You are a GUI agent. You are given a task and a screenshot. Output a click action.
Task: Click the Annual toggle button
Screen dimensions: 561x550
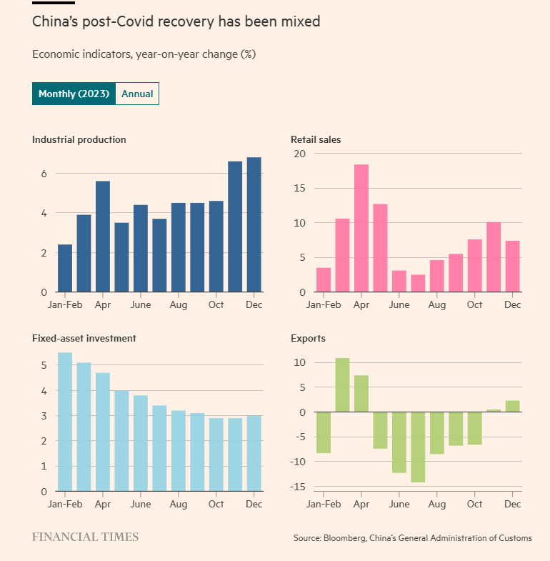[137, 94]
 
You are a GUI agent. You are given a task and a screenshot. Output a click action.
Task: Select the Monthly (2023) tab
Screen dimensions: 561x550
[74, 94]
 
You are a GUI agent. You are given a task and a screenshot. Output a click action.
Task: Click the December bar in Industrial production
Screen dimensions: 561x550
[254, 224]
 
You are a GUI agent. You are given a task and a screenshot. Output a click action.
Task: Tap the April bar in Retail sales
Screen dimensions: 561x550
[361, 228]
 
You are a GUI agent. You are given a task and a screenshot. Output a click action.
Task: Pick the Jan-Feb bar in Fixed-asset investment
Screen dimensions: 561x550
[65, 422]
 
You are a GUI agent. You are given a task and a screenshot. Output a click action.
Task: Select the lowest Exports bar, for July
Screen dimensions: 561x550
[418, 447]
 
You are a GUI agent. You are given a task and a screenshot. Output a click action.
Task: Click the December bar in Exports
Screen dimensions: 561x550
[512, 406]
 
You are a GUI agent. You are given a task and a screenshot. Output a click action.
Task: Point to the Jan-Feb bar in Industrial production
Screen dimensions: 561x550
[65, 268]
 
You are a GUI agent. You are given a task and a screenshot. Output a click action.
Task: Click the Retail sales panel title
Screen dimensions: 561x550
[316, 139]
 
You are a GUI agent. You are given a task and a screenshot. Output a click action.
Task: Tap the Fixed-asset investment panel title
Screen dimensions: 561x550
[84, 338]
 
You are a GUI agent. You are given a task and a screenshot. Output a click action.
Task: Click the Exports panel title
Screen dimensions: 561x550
[308, 338]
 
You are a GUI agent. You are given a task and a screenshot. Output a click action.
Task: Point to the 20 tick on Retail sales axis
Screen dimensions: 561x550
[300, 154]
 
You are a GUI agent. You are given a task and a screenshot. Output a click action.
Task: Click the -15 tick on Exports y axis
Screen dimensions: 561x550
[299, 487]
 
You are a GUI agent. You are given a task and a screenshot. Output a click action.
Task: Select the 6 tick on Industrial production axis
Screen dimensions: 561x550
[44, 174]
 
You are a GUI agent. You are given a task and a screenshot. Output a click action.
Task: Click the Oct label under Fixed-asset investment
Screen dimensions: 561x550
[216, 504]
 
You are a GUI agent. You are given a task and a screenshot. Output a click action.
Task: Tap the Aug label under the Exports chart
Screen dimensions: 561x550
[436, 504]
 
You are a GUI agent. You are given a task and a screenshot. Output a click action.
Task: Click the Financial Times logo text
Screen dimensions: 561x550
[85, 537]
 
